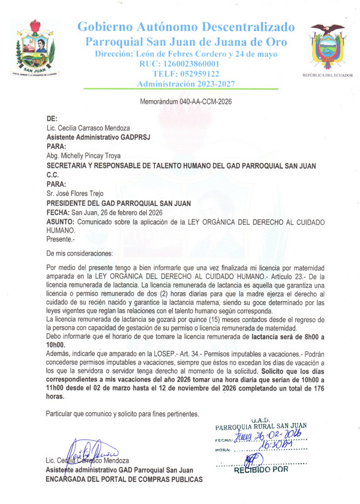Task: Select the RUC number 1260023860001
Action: click(179, 64)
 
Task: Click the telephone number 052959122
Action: click(178, 74)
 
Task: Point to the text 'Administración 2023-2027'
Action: click(178, 84)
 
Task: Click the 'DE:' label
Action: click(52, 119)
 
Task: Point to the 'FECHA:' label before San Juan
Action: click(58, 212)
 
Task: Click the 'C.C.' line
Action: click(53, 176)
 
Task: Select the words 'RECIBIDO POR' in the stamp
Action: click(262, 469)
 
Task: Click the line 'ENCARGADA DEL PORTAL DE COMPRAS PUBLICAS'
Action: click(124, 479)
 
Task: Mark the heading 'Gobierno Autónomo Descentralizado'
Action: click(185, 27)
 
